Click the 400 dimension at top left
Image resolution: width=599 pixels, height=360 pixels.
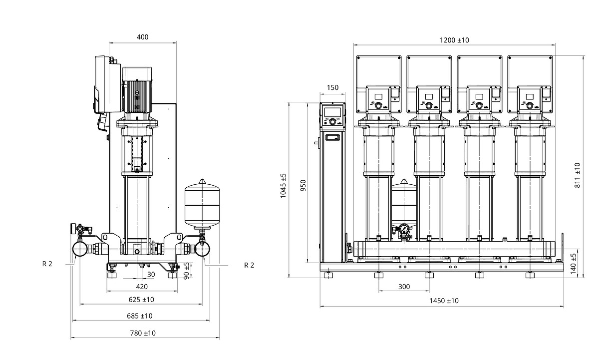click(x=142, y=37)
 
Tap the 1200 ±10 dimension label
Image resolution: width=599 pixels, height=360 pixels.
click(x=454, y=40)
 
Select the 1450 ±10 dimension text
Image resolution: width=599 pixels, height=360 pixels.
click(x=444, y=301)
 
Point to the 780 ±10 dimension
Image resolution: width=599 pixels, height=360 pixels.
click(x=142, y=333)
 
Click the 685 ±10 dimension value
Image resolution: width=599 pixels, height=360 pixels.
click(x=139, y=316)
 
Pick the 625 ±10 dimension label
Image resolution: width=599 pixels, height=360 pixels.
click(x=141, y=300)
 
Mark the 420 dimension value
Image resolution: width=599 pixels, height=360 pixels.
click(x=142, y=287)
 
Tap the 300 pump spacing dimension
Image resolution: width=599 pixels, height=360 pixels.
click(x=404, y=287)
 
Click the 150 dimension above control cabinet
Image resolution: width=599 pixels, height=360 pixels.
click(x=332, y=87)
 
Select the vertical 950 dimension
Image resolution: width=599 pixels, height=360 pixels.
click(x=303, y=185)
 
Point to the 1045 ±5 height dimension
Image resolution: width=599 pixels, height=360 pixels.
click(x=283, y=186)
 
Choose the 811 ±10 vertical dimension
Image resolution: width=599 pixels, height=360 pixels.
click(x=577, y=175)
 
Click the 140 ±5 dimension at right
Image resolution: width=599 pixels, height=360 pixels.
click(x=573, y=263)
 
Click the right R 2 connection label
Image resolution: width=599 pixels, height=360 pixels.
click(x=249, y=265)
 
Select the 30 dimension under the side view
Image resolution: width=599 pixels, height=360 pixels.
click(x=151, y=274)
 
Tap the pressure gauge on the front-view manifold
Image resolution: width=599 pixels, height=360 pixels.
click(x=404, y=230)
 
